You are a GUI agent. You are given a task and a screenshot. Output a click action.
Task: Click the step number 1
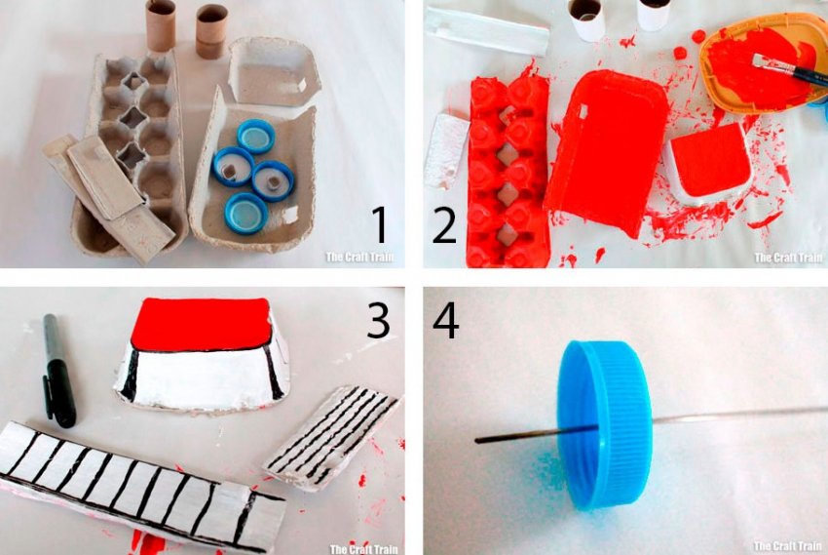[379, 224]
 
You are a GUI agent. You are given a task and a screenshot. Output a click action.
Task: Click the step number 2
[444, 224]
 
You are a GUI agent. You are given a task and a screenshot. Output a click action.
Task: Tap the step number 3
[378, 320]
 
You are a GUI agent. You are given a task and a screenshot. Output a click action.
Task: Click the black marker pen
[57, 370]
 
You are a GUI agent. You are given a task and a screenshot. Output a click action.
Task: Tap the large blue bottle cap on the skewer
[606, 424]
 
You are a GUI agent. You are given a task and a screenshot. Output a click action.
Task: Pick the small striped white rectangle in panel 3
[331, 438]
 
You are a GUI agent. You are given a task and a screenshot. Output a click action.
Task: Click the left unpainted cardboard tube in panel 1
[161, 25]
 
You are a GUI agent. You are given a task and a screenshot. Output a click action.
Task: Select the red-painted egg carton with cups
[508, 172]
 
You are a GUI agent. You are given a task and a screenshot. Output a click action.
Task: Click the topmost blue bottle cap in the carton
[256, 136]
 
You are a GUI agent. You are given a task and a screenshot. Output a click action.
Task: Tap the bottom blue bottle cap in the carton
[246, 213]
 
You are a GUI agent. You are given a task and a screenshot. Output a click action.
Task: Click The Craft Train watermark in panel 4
[788, 546]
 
